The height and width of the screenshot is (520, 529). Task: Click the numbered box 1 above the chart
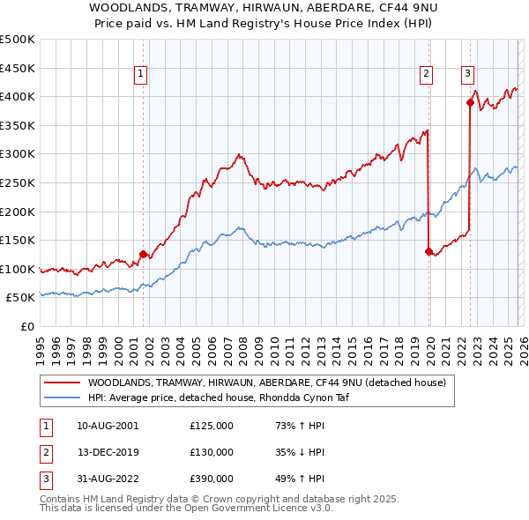[141, 74]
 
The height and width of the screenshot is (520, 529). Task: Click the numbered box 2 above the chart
[427, 74]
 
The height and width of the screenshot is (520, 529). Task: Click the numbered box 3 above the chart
[467, 74]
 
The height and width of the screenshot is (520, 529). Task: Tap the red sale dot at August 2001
[143, 254]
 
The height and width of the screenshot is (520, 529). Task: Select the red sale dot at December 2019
[429, 251]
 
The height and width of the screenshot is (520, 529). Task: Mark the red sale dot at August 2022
[470, 102]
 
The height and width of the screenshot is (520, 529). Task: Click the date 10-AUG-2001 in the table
[107, 425]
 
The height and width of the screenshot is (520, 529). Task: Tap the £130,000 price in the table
[212, 452]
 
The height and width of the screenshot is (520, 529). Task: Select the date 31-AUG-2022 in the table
[107, 479]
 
